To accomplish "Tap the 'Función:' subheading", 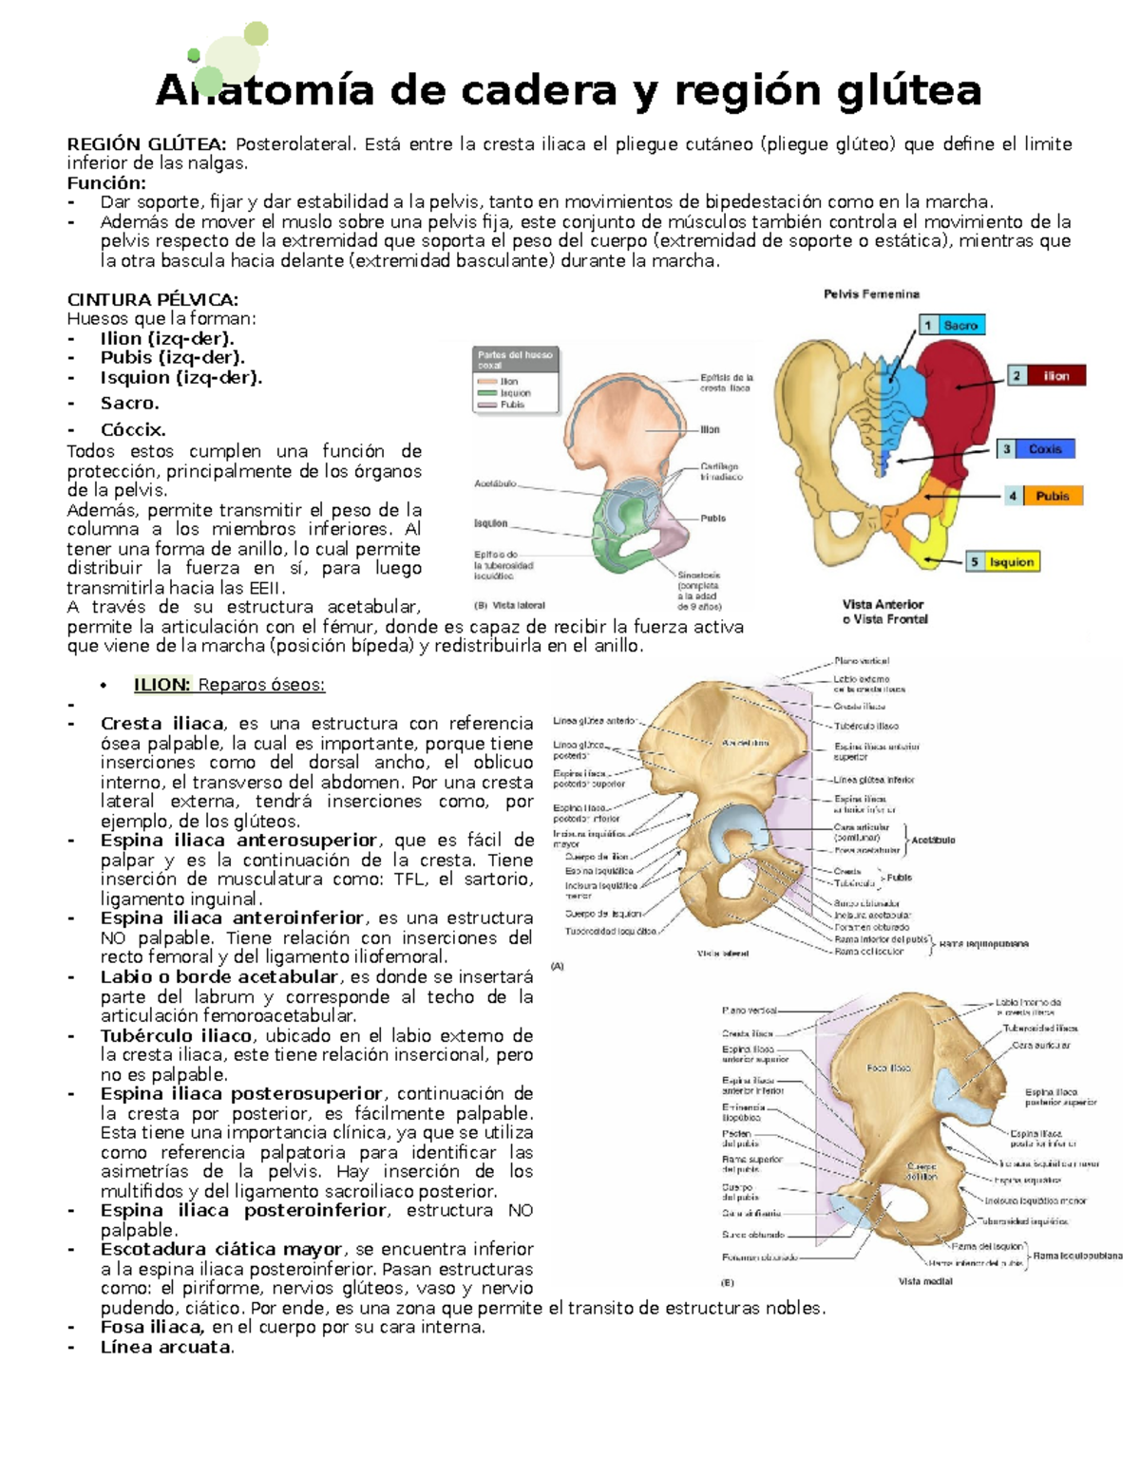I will [x=106, y=182].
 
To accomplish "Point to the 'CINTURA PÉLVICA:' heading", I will [x=152, y=299].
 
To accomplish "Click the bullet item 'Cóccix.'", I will [x=133, y=429].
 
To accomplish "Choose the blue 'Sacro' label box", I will [x=960, y=325].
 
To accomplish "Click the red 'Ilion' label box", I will [x=1056, y=376].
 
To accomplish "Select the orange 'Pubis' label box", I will [x=1052, y=496].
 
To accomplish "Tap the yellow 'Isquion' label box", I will [x=1011, y=562].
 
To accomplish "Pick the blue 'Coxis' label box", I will [x=1045, y=448].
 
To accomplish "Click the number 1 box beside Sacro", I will [x=927, y=325].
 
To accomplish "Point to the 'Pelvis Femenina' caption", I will [x=871, y=294].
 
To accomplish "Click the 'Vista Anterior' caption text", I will [x=883, y=604].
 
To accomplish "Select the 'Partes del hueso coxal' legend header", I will [x=515, y=360].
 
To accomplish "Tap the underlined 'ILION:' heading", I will [x=162, y=685].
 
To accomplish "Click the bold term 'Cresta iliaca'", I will [x=162, y=724].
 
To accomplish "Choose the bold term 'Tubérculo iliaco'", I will [x=176, y=1035].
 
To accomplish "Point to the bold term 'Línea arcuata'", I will [x=165, y=1347].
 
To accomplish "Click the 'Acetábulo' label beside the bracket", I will [x=933, y=841].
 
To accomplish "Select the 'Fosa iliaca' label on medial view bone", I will [x=888, y=1068].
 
